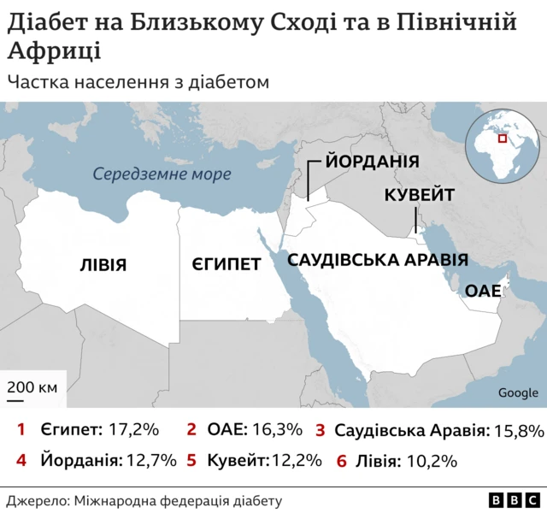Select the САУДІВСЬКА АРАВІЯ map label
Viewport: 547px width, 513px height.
coord(377,261)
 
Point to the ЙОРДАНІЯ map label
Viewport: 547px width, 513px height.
coord(371,162)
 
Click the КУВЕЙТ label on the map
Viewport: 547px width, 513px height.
coord(419,196)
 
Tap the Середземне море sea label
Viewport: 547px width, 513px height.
coord(162,174)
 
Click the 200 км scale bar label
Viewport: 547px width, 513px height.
coord(32,387)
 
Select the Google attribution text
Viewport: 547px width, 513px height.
coord(518,392)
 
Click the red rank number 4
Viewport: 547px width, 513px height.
coord(21,460)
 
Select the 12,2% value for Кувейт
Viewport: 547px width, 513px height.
coord(297,460)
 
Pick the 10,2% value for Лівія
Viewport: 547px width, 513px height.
coord(432,460)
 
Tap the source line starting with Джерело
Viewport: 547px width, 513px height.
coord(144,500)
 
